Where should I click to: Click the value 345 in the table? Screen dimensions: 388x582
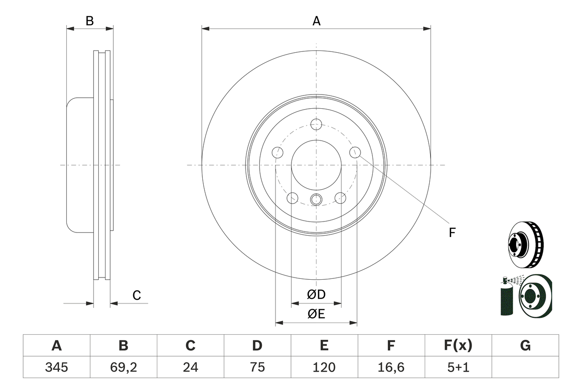tap(56, 367)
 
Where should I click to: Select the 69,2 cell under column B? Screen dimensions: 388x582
tap(123, 367)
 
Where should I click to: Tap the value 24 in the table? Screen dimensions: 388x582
tap(190, 367)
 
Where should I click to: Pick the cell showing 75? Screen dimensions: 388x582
tap(257, 367)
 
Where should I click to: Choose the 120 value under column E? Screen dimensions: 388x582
tap(324, 367)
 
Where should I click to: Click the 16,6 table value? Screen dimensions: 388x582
tap(391, 367)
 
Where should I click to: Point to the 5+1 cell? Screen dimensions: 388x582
tap(458, 367)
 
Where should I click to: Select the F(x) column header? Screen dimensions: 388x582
tap(458, 346)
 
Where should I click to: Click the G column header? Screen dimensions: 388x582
tap(525, 346)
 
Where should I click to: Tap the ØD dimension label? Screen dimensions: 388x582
tap(316, 295)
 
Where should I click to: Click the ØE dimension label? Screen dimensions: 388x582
tap(316, 314)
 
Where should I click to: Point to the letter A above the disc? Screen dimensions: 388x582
tap(316, 21)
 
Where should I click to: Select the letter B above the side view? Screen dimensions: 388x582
tap(90, 21)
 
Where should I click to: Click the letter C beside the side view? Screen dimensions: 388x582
tap(137, 296)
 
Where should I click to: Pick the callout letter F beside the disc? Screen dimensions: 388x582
tap(452, 233)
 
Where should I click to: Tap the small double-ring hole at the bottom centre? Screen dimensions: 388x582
tap(316, 199)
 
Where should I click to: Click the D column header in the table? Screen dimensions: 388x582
tap(257, 346)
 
